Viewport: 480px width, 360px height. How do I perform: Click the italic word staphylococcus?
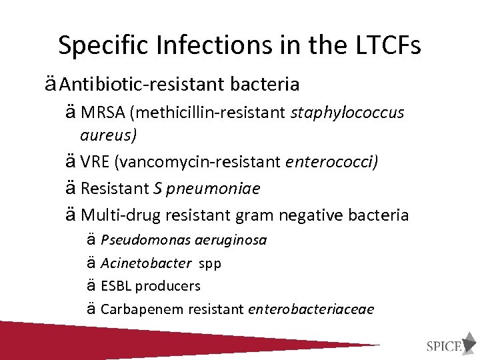[347, 113]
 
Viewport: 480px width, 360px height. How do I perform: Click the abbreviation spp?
[210, 263]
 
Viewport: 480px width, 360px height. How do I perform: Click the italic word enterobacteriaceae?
[311, 309]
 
